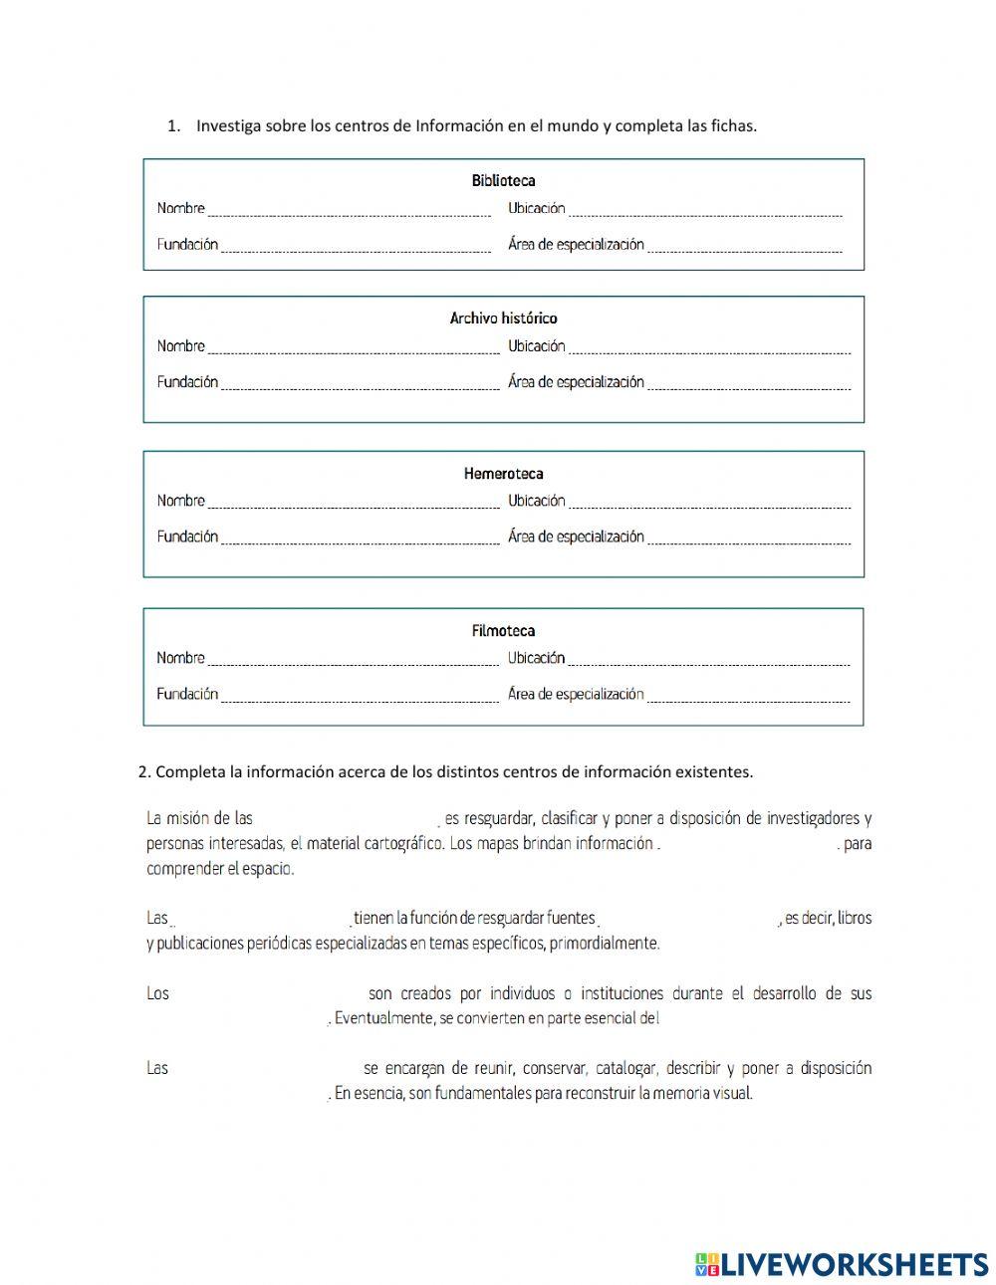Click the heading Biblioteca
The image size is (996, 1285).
(x=503, y=180)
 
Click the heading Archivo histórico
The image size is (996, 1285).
(x=503, y=319)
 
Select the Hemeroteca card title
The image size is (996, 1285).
(x=503, y=474)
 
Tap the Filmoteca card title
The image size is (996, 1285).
(x=503, y=631)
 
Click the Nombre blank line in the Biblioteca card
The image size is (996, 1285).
(x=349, y=211)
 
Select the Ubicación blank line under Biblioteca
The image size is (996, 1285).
(x=705, y=211)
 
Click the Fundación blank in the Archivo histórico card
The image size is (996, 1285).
(x=359, y=385)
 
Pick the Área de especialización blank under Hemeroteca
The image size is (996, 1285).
(x=749, y=539)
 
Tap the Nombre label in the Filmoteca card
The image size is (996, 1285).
(x=180, y=658)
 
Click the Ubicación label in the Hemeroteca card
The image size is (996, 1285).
(x=536, y=501)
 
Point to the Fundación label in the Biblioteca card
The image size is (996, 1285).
(x=187, y=245)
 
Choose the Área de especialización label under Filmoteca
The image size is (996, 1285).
(x=576, y=695)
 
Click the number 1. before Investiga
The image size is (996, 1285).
(x=174, y=125)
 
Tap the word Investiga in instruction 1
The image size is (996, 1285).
(x=229, y=125)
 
